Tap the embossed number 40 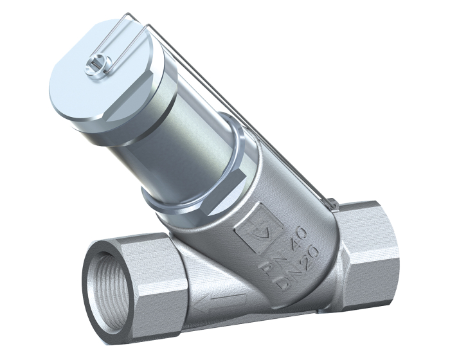[297, 231]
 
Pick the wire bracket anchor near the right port [333, 204]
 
